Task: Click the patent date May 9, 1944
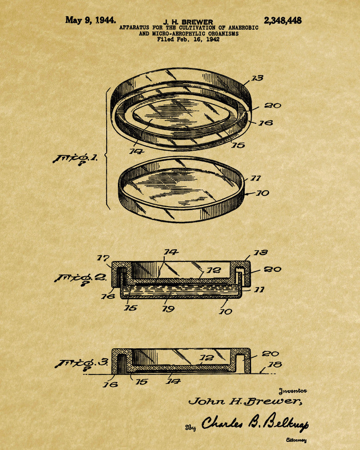click(x=91, y=20)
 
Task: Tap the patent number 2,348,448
click(x=283, y=20)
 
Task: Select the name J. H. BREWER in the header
click(x=189, y=22)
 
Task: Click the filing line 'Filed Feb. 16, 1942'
click(x=189, y=40)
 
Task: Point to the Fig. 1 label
click(x=75, y=159)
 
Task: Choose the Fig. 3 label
click(x=81, y=363)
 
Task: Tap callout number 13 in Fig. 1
click(x=257, y=78)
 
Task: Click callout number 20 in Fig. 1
click(x=272, y=106)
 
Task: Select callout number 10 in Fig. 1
click(x=263, y=193)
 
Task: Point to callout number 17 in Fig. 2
click(x=103, y=258)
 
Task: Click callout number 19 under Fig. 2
click(x=168, y=309)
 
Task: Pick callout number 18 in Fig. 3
click(x=275, y=365)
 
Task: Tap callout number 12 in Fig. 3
click(x=207, y=358)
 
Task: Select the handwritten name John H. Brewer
click(x=245, y=401)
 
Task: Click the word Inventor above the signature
click(x=293, y=391)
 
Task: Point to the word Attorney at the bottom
click(x=296, y=440)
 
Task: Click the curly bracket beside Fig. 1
click(x=107, y=148)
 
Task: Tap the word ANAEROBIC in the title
click(x=243, y=28)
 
